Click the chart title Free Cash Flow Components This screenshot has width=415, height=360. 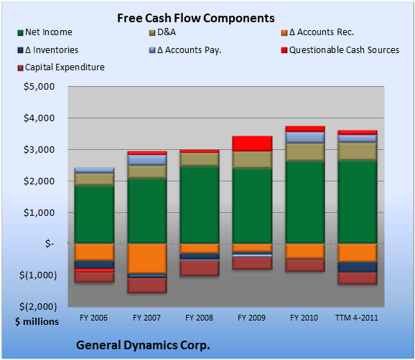(196, 18)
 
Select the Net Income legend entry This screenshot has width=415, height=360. (45, 32)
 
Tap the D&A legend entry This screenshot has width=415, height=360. (162, 32)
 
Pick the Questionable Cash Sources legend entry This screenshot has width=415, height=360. (340, 50)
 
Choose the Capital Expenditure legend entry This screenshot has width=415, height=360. (61, 67)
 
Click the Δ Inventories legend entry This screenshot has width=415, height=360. (47, 50)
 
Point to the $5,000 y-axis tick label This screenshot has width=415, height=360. (39, 87)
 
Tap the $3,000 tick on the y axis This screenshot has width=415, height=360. (39, 150)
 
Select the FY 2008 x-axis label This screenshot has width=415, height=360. (199, 318)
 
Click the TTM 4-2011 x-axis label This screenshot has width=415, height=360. (357, 318)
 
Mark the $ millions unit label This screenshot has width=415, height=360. (37, 322)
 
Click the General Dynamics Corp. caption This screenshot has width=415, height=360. (143, 345)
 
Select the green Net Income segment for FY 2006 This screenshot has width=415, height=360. (94, 214)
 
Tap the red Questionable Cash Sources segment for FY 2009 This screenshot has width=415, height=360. (252, 144)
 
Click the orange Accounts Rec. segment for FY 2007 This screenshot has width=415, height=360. (147, 258)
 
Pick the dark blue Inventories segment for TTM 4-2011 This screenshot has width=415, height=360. (358, 267)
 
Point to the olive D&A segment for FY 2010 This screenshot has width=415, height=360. (304, 152)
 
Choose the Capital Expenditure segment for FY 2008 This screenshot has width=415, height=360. (200, 268)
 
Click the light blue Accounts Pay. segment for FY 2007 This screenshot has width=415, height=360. (147, 160)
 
